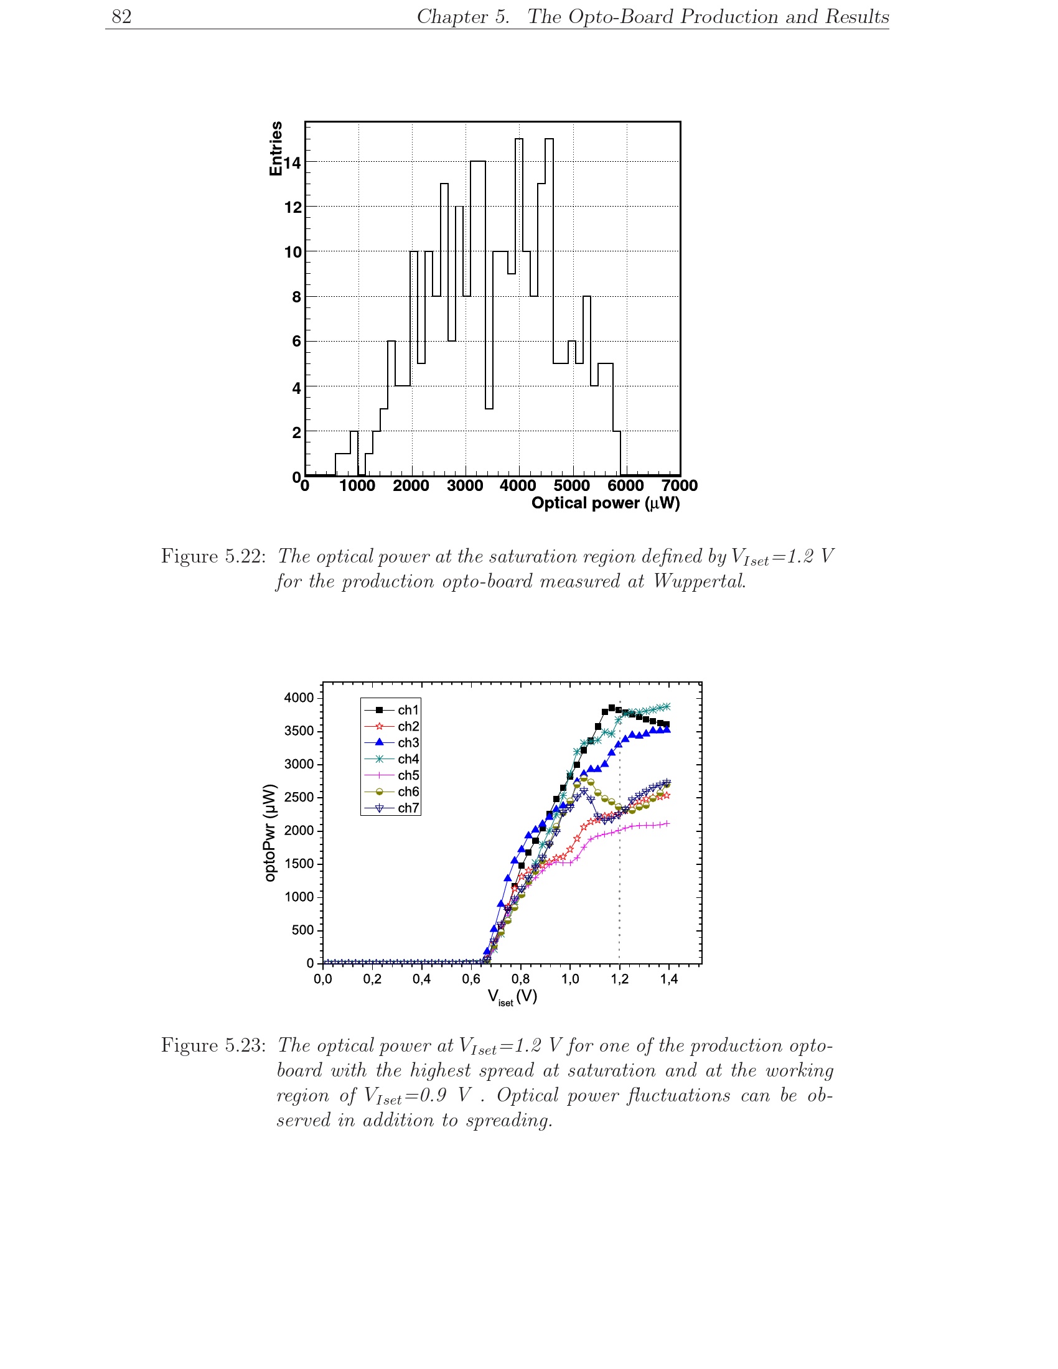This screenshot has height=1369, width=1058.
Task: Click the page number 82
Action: tap(121, 16)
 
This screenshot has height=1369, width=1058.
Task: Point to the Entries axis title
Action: tap(275, 149)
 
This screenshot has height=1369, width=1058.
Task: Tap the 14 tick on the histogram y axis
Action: tap(292, 163)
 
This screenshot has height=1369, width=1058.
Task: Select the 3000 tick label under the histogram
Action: tap(464, 485)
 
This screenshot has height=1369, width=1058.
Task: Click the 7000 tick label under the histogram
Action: tap(680, 485)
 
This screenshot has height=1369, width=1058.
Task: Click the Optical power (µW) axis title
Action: tap(606, 503)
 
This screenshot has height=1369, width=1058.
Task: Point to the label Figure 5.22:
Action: tap(213, 556)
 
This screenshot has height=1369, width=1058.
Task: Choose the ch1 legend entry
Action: tap(391, 709)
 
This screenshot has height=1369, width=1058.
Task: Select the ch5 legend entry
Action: tap(391, 775)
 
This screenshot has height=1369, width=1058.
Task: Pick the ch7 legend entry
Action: tap(391, 808)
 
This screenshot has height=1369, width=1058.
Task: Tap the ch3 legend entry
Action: tap(391, 742)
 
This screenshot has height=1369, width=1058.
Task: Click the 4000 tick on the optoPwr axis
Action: tap(299, 698)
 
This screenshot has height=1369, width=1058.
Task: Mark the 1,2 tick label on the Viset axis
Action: tap(619, 979)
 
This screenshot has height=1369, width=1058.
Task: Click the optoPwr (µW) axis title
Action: tap(269, 833)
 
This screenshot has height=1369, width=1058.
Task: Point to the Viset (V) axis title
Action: tap(512, 998)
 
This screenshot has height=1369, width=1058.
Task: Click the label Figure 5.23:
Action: tap(213, 1045)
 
